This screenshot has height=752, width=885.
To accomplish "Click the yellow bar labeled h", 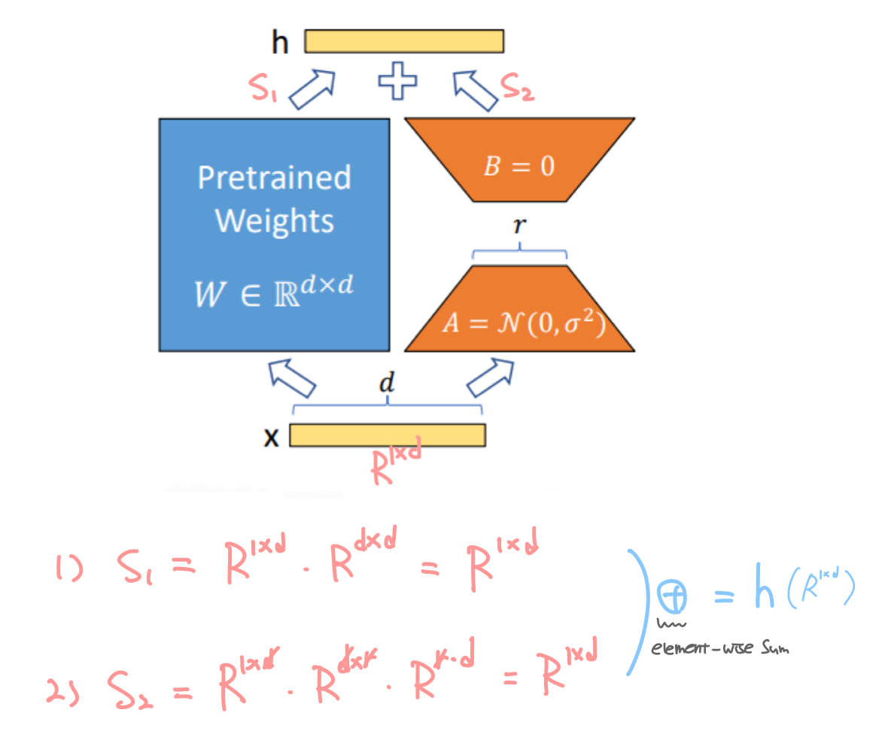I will pos(404,41).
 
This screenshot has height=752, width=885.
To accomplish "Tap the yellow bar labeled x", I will pos(387,435).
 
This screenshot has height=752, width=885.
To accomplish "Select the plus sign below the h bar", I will pos(397,81).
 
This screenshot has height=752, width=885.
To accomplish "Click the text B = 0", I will pos(519,165).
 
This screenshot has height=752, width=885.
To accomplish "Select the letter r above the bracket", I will pos(519,226).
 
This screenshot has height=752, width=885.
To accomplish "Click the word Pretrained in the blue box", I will pos(274,178).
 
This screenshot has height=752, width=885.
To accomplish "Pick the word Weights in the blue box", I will pos(274,221).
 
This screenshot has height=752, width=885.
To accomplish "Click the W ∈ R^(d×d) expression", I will pos(273,293).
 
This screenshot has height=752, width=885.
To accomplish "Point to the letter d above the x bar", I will pos(387,384).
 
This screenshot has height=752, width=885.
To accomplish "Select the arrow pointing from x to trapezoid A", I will pos(491,376).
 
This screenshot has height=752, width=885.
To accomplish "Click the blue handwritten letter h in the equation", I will pos(764,594).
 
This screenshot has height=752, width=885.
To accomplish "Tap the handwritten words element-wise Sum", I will pos(719,647).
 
